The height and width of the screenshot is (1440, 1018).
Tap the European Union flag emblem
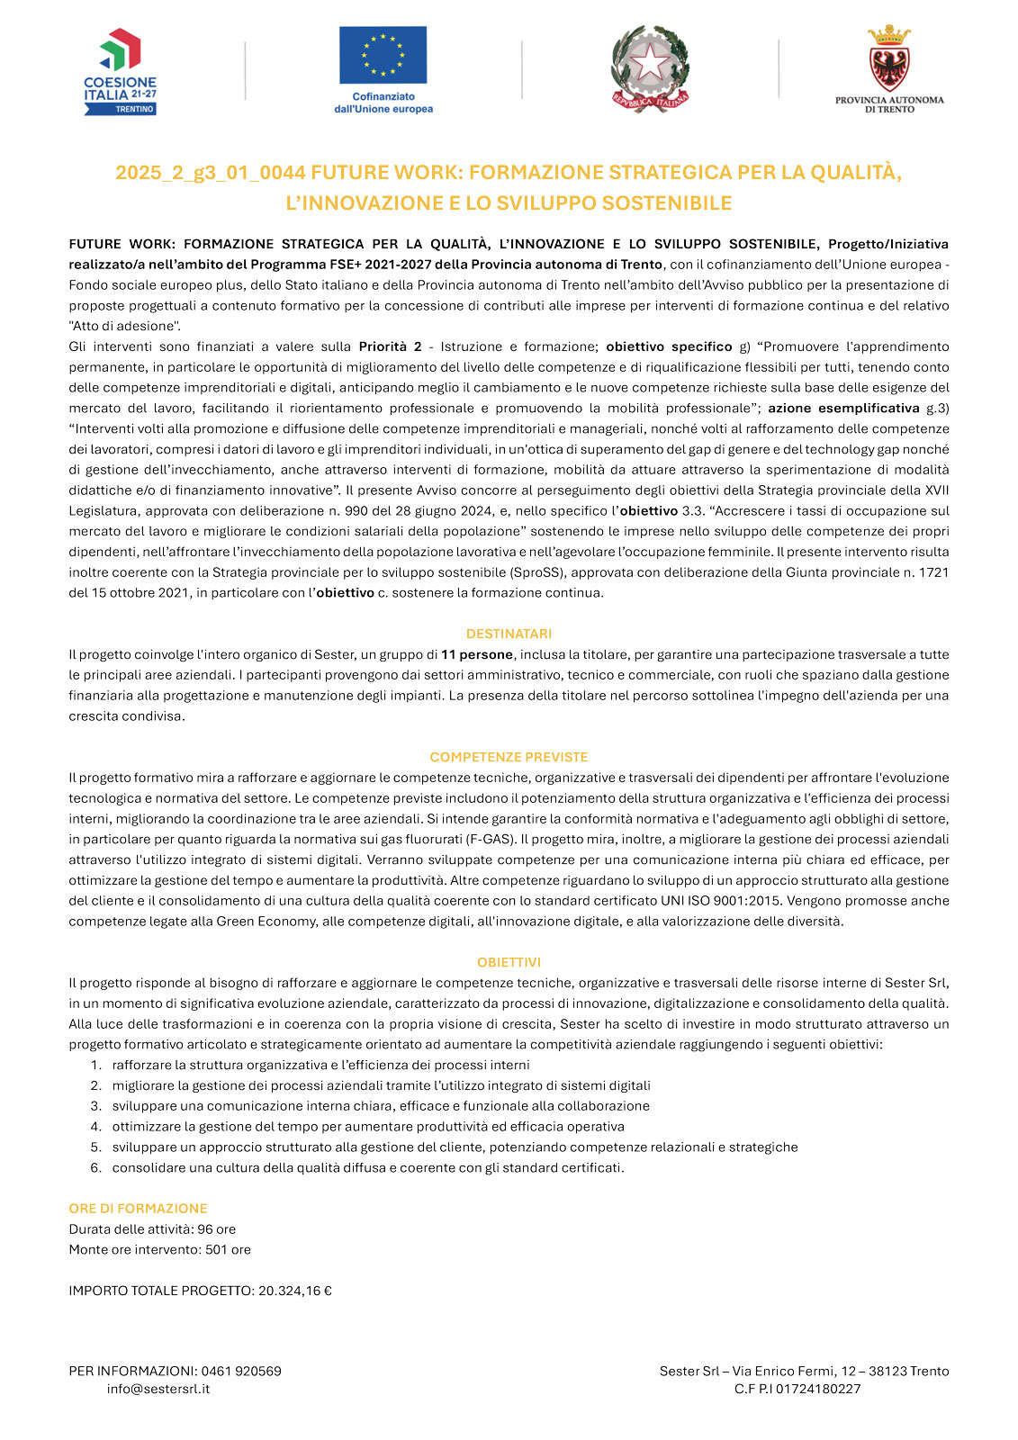383,55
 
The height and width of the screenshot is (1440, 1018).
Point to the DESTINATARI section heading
509,634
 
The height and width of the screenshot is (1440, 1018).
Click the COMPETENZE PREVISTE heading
509,757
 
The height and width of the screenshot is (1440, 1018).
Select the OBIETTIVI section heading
509,962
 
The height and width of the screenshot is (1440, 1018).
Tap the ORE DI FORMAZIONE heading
138,1209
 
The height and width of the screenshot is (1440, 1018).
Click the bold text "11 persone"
477,654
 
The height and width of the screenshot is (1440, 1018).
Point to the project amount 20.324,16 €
295,1291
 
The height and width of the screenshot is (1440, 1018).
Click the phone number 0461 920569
241,1372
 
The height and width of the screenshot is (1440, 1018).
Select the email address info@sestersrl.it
158,1389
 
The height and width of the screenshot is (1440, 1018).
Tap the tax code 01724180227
818,1389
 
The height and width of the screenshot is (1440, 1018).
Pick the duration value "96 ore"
217,1229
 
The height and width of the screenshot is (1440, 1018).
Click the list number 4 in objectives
95,1127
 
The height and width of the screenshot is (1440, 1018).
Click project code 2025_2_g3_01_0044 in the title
211,172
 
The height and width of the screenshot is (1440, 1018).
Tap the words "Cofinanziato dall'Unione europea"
383,103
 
